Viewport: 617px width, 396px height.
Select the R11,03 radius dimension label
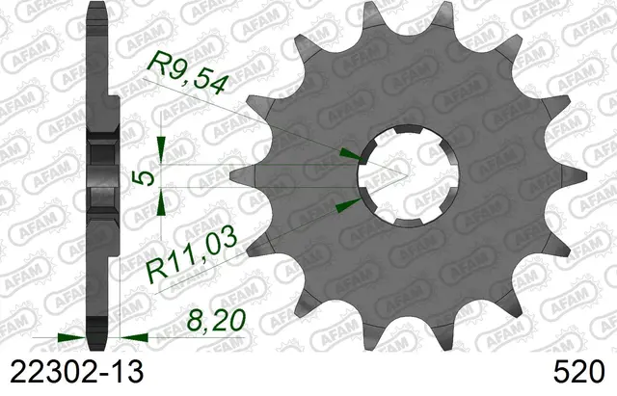(191, 258)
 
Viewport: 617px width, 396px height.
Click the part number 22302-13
(76, 372)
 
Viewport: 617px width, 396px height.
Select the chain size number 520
(578, 372)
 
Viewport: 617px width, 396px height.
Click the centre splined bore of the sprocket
(409, 175)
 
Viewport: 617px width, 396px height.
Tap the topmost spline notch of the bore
(409, 129)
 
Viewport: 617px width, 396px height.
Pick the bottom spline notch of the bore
(409, 223)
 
